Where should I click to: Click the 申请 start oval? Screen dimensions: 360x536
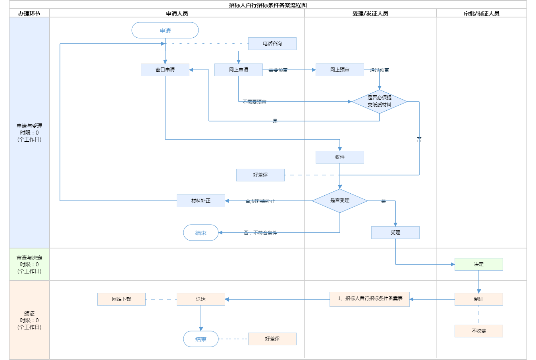(x=165, y=31)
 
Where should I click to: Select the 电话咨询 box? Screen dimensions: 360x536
(x=272, y=44)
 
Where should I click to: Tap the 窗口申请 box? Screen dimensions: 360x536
(x=165, y=70)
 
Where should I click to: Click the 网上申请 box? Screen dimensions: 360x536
(x=239, y=70)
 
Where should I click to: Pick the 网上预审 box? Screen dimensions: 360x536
(x=340, y=70)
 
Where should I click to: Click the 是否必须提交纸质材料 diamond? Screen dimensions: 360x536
(x=380, y=102)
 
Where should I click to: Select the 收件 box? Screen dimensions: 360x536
(x=340, y=157)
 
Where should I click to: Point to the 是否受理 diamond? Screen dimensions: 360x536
(x=340, y=201)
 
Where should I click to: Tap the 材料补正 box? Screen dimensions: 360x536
(x=201, y=201)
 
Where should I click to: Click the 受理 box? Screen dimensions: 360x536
(x=395, y=233)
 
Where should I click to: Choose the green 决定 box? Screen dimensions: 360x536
(x=479, y=264)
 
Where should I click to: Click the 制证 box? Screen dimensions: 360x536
(x=479, y=299)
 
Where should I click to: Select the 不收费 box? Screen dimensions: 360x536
(x=479, y=331)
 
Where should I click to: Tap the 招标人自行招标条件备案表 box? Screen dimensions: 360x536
(x=370, y=299)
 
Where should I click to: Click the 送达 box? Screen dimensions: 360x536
(x=201, y=299)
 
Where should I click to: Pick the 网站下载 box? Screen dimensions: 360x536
(x=121, y=299)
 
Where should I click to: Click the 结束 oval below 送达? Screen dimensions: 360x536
(x=201, y=339)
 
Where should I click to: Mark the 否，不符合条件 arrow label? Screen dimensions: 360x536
(x=260, y=233)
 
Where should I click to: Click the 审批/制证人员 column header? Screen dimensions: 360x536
(x=482, y=13)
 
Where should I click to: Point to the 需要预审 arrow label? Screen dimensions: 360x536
(x=278, y=70)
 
